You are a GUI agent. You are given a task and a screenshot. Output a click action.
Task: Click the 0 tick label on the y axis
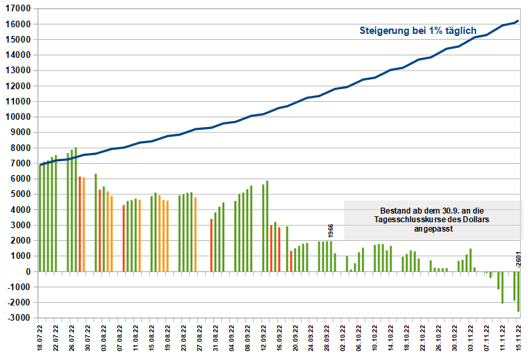[29, 271]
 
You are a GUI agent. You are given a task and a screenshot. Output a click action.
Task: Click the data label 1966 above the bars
[331, 231]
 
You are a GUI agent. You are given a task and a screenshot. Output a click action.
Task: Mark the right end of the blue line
[518, 21]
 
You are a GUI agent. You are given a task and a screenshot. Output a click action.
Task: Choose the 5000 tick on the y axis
[21, 194]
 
